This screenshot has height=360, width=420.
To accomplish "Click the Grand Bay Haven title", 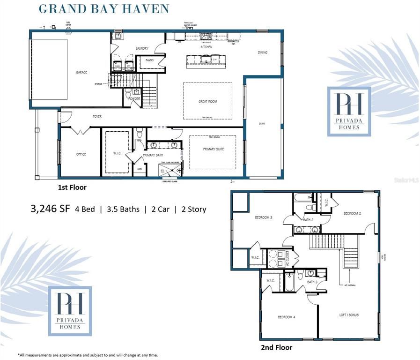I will [x=103, y=9].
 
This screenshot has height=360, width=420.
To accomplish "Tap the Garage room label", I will [x=82, y=72].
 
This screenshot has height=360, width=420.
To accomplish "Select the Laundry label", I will [x=142, y=48].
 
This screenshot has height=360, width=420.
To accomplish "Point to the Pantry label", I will [x=150, y=60].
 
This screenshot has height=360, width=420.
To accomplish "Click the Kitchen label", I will [x=206, y=47].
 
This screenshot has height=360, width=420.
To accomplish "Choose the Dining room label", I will [x=263, y=52].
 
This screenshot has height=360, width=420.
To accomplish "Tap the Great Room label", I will [x=207, y=101].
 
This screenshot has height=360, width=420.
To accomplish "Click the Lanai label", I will [x=262, y=124].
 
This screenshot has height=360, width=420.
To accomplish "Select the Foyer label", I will [x=97, y=116].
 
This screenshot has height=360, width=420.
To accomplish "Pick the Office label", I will [x=81, y=154].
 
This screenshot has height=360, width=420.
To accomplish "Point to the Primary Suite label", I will [x=213, y=149].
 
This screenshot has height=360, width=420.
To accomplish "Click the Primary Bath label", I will [x=152, y=154].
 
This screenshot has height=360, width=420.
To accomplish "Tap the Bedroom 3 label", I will [x=263, y=217].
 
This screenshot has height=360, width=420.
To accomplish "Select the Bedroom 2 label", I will [x=352, y=213].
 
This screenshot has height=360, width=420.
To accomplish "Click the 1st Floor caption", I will [x=72, y=187].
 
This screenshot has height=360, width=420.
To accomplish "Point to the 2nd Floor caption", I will [x=276, y=347].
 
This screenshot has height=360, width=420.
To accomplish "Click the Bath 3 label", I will [x=312, y=282].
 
